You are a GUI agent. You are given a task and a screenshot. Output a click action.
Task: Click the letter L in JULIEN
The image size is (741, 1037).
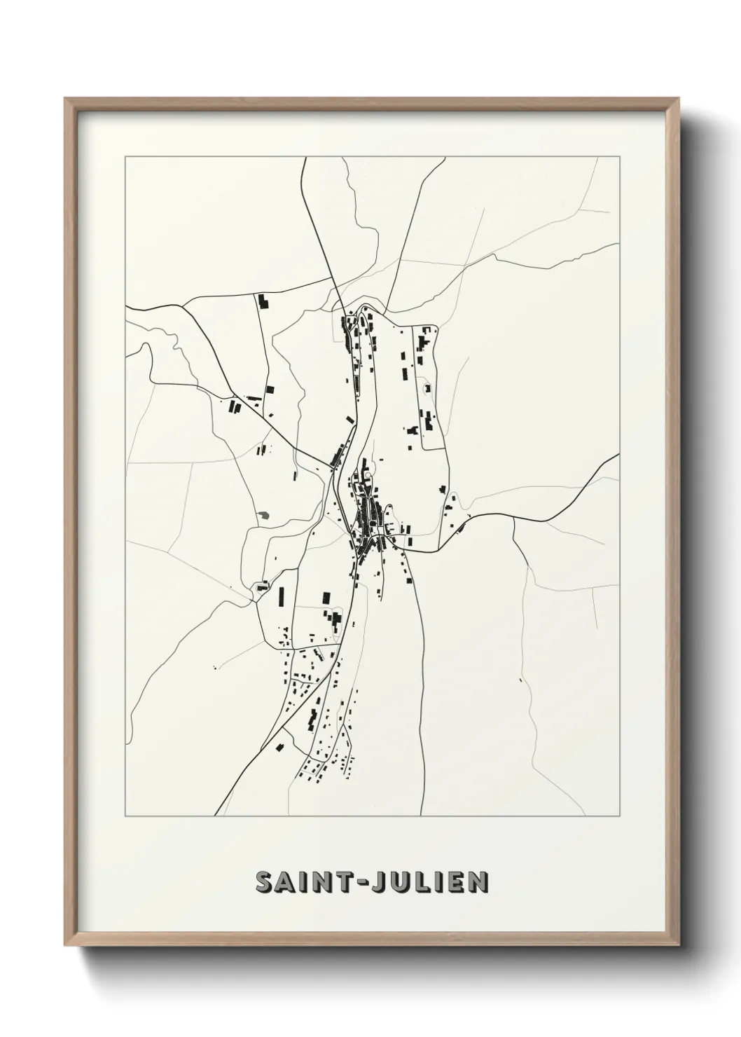[429, 882]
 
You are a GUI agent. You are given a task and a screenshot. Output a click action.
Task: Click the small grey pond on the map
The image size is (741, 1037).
[263, 516]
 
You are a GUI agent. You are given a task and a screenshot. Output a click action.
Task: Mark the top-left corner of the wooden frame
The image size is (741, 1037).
[65, 99]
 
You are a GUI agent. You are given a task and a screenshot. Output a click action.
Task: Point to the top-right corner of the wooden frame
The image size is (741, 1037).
[679, 99]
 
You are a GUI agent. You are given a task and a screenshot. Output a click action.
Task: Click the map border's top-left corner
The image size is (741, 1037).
[125, 158]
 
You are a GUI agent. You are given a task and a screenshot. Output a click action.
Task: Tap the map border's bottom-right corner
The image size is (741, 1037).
[620, 816]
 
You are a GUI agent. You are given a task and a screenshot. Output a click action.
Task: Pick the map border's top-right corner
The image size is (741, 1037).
[620, 158]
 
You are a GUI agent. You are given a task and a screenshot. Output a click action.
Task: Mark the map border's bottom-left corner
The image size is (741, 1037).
[125, 816]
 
